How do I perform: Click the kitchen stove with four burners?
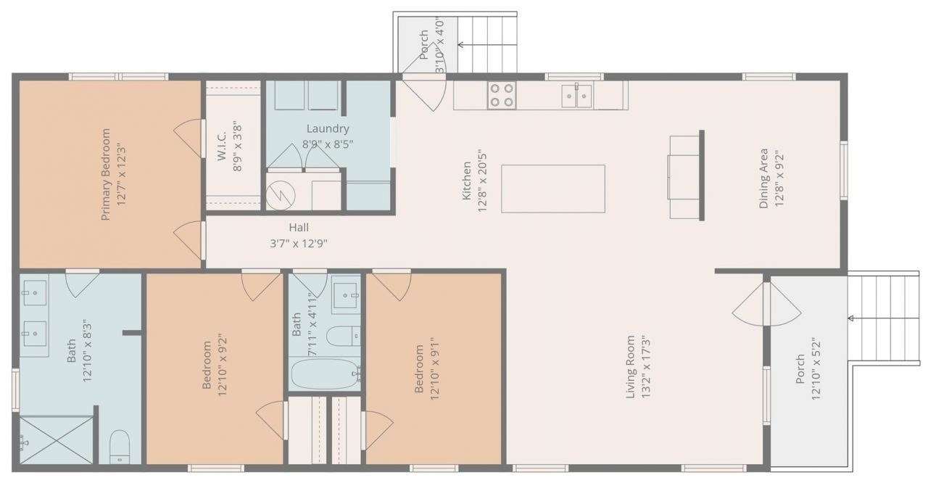click(501, 95)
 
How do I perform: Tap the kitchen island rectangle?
click(552, 189)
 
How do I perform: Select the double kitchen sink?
click(576, 95)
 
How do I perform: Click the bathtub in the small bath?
click(325, 374)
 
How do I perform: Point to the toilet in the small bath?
click(341, 337)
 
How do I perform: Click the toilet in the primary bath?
click(120, 447)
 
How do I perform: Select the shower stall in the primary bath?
click(56, 440)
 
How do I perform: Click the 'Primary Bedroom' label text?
click(106, 174)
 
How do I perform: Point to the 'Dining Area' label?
click(763, 178)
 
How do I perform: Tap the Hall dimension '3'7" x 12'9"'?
click(299, 244)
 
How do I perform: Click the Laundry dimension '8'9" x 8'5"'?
click(328, 144)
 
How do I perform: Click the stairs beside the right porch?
click(883, 318)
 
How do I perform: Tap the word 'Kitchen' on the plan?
click(467, 181)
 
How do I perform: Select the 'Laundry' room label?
click(328, 129)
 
